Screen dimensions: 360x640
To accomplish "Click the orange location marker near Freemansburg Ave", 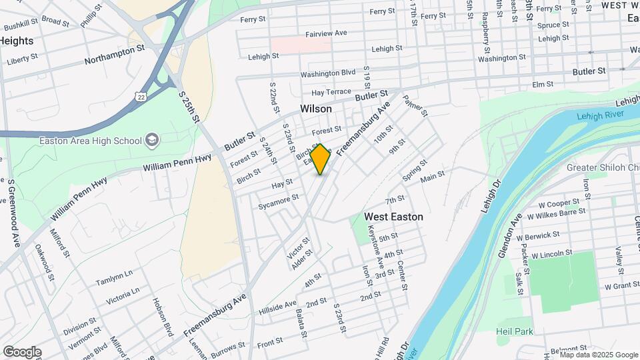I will [321, 159].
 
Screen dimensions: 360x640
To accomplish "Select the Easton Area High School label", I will [91, 141].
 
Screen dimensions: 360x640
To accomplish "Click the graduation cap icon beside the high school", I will [153, 140].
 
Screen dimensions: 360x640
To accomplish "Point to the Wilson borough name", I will [316, 109].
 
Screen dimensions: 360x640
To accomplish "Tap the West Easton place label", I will [393, 217].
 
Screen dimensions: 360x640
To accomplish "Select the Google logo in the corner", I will [22, 352].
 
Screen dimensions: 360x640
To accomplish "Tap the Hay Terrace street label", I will [331, 92].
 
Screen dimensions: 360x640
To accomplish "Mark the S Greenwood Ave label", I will [11, 213].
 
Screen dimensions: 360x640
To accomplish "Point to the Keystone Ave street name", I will [371, 244].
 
